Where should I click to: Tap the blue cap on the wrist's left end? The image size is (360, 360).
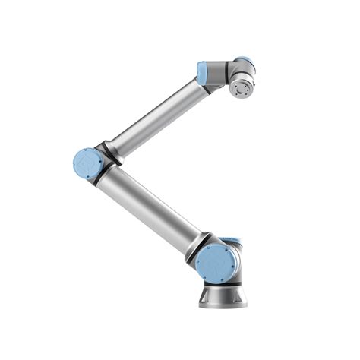203,73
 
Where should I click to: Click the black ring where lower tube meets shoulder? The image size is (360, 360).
195,245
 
